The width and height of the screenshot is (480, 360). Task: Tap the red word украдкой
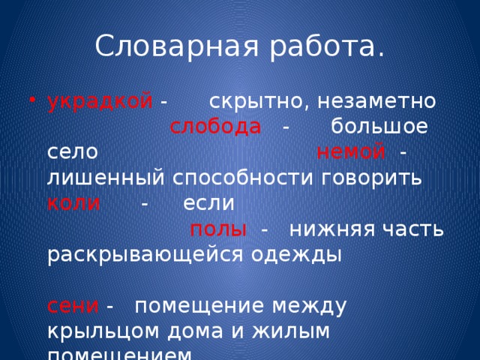(x=100, y=101)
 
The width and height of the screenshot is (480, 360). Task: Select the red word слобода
(x=215, y=127)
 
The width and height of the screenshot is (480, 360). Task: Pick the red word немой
(x=351, y=152)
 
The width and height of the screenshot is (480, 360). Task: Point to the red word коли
(x=73, y=203)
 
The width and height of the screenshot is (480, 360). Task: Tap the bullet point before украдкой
(x=31, y=103)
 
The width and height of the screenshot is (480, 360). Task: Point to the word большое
(x=379, y=127)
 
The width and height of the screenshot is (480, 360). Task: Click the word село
(x=72, y=152)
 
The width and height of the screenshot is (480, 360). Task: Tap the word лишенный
(x=102, y=178)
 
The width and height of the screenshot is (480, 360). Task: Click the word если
(x=208, y=203)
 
